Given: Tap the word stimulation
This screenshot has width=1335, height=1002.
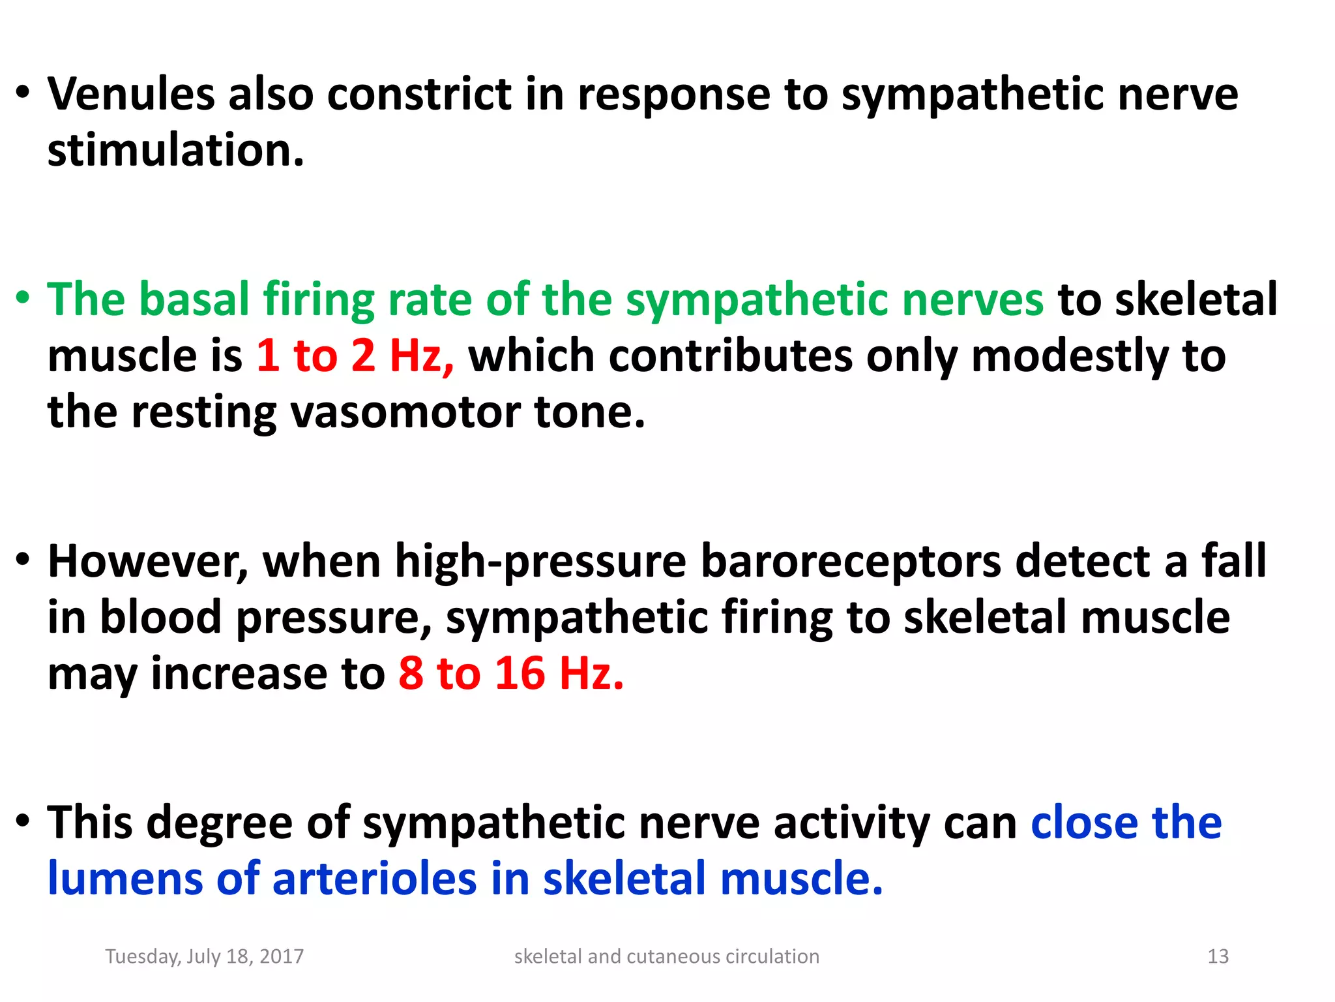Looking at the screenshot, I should pos(175,151).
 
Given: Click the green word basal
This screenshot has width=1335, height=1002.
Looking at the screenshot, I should pos(194,299).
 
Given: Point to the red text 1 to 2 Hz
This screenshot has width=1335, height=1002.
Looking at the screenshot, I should pos(355,356).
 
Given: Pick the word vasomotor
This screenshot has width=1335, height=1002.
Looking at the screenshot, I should pos(405,412).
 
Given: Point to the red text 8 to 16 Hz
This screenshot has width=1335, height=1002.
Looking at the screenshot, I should pos(511,673).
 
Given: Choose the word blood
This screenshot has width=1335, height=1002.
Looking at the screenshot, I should pos(160,618).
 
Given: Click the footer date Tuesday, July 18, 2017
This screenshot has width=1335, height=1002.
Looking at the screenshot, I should pos(205,956).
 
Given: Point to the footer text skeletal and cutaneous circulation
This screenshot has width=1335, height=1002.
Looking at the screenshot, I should pos(666,956).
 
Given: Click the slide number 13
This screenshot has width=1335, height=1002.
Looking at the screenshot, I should pos(1218,956).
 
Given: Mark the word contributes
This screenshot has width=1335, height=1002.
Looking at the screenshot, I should pos(660,356).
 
